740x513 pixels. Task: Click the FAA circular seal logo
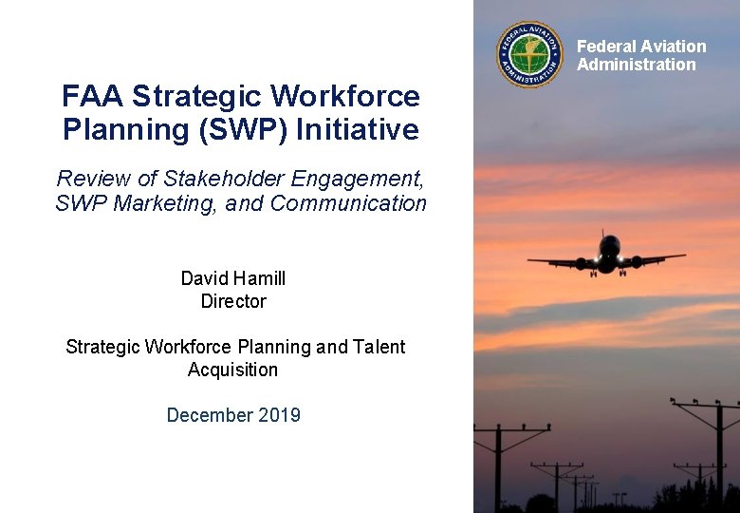[529, 55]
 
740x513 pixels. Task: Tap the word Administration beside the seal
[637, 65]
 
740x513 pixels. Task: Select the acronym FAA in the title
[93, 96]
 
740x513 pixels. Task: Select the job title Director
[233, 301]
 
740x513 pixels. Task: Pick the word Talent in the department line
[379, 347]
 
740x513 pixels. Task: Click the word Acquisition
[233, 370]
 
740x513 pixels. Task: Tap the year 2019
[276, 415]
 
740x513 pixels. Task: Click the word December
[206, 415]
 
